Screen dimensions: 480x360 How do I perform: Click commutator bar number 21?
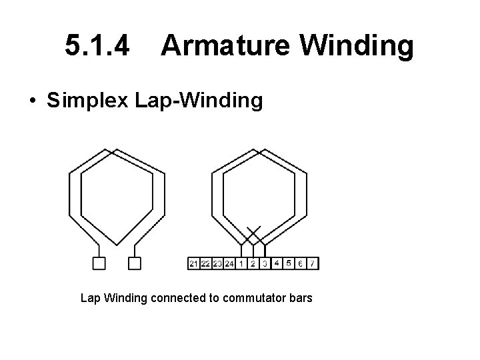click(193, 263)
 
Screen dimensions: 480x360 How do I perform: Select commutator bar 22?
click(205, 263)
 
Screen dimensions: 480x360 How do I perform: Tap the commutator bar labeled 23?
click(217, 263)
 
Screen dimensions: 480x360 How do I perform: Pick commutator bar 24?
click(229, 263)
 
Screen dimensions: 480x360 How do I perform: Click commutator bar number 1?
click(241, 263)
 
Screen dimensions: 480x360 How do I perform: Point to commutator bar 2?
click(253, 263)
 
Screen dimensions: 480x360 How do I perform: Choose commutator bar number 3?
click(265, 263)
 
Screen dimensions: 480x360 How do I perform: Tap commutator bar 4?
click(277, 263)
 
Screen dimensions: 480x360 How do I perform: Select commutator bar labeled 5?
click(289, 263)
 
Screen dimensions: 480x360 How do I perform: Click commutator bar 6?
click(301, 263)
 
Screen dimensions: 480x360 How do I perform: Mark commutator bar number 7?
click(313, 263)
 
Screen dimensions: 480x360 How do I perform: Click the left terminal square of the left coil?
click(99, 263)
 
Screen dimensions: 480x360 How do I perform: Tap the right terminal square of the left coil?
click(134, 263)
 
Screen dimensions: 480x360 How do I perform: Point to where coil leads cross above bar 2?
click(253, 235)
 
